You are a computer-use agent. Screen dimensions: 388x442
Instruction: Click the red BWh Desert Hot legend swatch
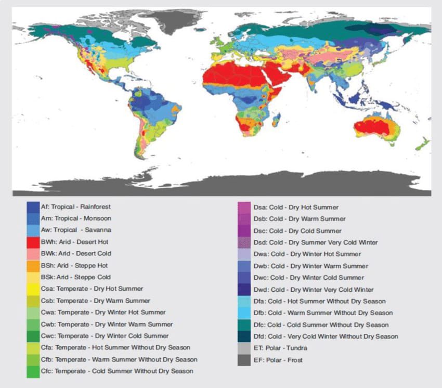pyautogui.click(x=33, y=242)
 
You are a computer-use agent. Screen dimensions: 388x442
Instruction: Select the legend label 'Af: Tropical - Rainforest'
pyautogui.click(x=75, y=207)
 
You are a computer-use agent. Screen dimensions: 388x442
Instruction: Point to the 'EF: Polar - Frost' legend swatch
pyautogui.click(x=244, y=360)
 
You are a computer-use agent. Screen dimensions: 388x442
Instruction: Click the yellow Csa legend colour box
pyautogui.click(x=33, y=289)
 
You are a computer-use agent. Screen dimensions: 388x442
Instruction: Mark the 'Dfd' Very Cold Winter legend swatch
pyautogui.click(x=244, y=337)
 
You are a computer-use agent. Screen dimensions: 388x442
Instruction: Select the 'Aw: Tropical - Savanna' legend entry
pyautogui.click(x=75, y=230)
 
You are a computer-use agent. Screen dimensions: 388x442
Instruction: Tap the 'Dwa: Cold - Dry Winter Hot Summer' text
pyautogui.click(x=307, y=254)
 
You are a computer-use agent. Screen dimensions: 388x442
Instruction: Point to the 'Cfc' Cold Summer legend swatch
pyautogui.click(x=33, y=371)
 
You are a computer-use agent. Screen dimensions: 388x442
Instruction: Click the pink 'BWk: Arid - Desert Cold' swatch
pyautogui.click(x=33, y=254)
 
